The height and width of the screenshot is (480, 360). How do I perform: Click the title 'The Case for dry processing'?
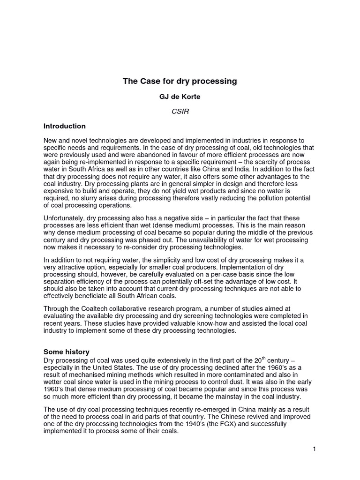coord(180,81)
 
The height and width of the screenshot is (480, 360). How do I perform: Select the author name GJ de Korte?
coord(180,97)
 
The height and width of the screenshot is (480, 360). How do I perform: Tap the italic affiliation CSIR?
coord(180,112)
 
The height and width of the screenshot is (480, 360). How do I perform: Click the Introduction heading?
coord(65,126)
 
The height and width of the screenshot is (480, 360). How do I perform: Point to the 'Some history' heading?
coord(67,352)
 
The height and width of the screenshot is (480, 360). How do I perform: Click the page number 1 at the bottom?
coord(315,449)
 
